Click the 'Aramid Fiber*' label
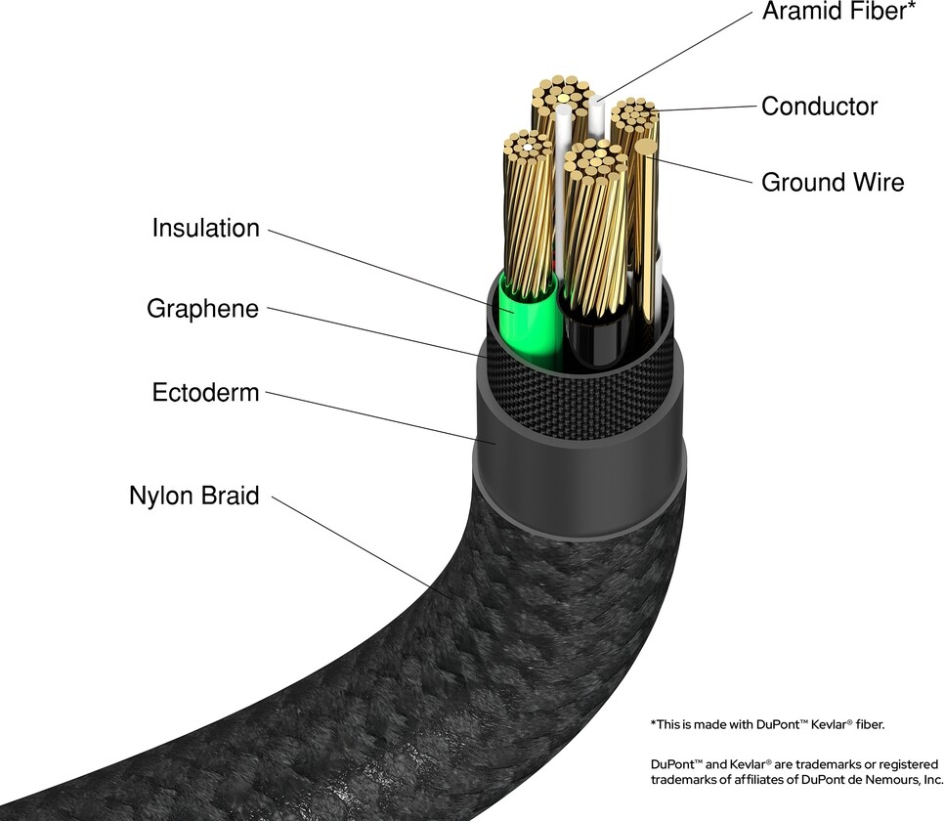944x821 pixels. [x=837, y=13]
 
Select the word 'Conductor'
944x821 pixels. [x=819, y=106]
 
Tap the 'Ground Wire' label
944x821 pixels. [x=833, y=182]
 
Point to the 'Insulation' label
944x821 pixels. [x=205, y=229]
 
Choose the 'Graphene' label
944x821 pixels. [x=202, y=309]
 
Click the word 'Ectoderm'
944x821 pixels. [x=205, y=393]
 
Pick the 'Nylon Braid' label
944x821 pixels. [x=193, y=496]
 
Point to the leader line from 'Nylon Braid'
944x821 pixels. [x=352, y=543]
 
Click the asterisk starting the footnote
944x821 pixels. [x=653, y=724]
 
